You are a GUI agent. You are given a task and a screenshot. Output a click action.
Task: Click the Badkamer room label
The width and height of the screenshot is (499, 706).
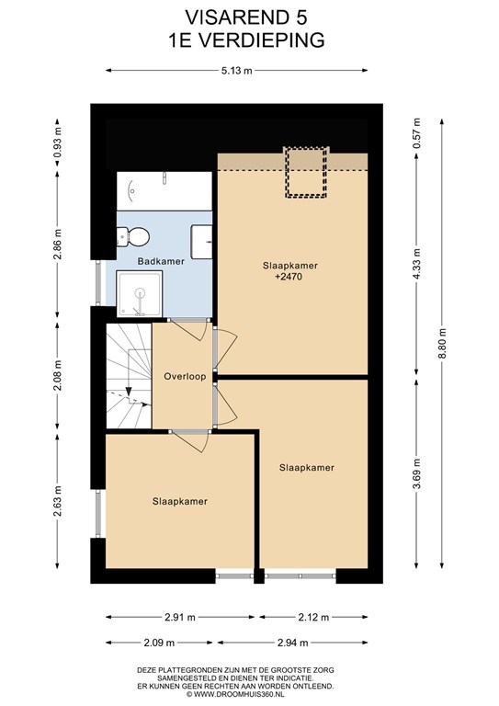161,261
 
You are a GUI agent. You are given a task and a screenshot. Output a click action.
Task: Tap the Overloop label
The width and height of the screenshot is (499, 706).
185,376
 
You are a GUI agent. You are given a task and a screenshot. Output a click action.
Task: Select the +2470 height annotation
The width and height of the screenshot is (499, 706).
289,277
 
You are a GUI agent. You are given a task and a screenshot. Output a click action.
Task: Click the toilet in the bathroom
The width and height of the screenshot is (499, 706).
133,236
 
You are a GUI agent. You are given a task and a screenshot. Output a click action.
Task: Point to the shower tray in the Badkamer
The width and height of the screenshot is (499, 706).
139,293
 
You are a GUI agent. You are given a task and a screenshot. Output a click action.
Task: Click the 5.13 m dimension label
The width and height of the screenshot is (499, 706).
237,70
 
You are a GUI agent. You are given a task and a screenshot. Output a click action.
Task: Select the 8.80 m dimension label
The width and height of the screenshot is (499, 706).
442,344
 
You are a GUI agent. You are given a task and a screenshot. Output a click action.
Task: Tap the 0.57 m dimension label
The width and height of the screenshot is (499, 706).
416,133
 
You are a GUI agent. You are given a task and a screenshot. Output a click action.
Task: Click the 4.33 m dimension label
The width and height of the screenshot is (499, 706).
416,264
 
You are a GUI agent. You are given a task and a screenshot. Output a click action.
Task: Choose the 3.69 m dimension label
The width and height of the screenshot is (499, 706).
416,473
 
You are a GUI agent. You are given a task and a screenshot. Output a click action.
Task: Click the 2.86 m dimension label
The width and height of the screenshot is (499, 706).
57,245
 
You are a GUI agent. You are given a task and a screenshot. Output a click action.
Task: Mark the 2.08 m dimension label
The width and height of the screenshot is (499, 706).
57,375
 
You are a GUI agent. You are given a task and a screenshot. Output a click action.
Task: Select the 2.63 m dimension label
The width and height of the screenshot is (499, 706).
57,502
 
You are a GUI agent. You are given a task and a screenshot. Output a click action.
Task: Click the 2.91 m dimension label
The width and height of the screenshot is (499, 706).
179,618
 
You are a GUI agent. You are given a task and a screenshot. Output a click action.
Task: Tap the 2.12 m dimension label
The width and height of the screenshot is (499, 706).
313,618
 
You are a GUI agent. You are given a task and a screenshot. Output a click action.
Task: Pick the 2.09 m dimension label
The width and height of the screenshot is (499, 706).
158,643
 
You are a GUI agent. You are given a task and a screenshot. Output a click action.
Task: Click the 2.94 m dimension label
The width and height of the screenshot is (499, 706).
292,643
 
